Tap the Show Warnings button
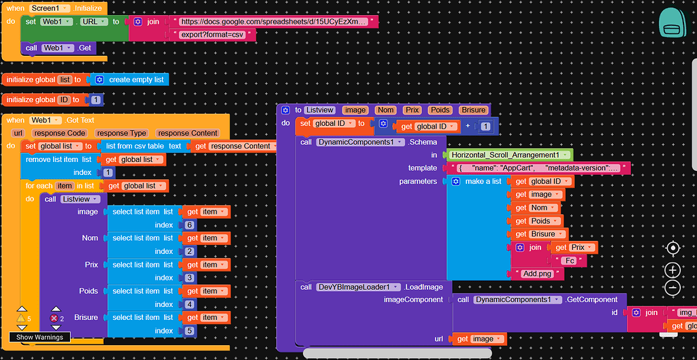pyautogui.click(x=39, y=337)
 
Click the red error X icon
pyautogui.click(x=54, y=318)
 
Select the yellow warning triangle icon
pyautogui.click(x=21, y=318)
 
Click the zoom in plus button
pyautogui.click(x=672, y=270)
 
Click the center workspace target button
pyautogui.click(x=672, y=248)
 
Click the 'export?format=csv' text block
pyautogui.click(x=214, y=34)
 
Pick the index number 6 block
pyautogui.click(x=189, y=225)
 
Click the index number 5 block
pyautogui.click(x=189, y=331)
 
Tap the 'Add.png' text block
pyautogui.click(x=538, y=274)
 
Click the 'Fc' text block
pyautogui.click(x=568, y=261)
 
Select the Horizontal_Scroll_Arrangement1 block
pyautogui.click(x=509, y=155)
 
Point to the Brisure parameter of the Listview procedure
pyautogui.click(x=473, y=110)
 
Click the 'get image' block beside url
pyautogui.click(x=481, y=339)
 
